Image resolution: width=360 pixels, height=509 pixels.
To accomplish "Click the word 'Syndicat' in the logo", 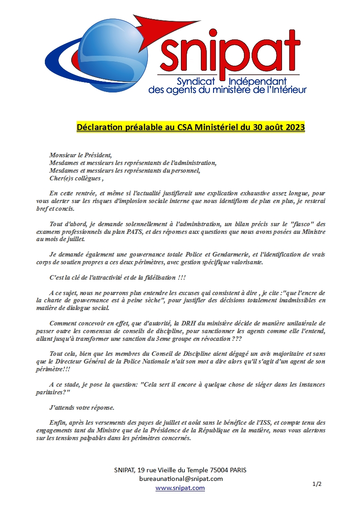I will tap(198, 82).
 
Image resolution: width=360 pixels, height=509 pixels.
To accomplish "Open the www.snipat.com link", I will tap(180, 488).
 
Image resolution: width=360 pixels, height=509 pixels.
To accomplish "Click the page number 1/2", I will tap(317, 484).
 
